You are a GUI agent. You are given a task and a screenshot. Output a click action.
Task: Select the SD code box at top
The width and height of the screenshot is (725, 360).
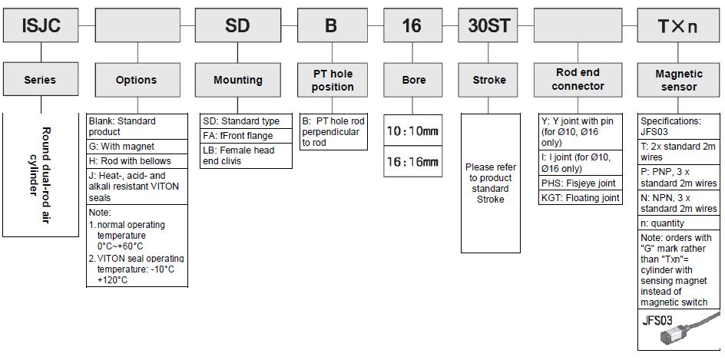click(237, 25)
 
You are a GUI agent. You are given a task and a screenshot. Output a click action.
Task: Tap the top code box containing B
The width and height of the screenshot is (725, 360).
click(331, 25)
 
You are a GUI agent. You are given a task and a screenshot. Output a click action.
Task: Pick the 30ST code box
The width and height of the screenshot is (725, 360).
click(489, 25)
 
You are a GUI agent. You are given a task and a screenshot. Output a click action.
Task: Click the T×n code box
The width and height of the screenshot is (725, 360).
click(678, 25)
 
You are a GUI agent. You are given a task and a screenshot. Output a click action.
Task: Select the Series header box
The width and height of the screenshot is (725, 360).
click(40, 80)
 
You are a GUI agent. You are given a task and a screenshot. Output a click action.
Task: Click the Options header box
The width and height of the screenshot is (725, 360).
click(136, 80)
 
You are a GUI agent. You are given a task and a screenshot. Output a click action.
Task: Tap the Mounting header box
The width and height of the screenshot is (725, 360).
click(237, 80)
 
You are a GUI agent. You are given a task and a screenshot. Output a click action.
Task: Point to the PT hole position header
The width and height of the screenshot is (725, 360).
click(333, 80)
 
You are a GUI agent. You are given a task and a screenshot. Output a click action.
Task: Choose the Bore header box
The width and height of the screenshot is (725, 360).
click(413, 80)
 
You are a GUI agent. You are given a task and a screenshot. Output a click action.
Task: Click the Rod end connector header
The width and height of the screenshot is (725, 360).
click(578, 80)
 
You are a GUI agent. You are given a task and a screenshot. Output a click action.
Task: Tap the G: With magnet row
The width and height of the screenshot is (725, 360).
click(137, 147)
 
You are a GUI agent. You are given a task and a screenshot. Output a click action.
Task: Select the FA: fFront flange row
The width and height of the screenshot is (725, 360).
click(247, 136)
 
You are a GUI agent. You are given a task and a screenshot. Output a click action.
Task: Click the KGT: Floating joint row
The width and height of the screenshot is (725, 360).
click(581, 198)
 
